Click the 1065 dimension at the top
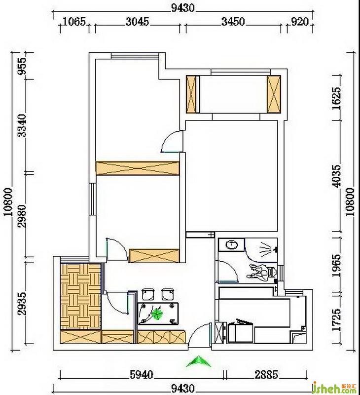tap(74, 22)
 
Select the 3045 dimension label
tap(138, 22)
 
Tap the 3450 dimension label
tap(233, 22)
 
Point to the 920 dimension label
tap(300, 22)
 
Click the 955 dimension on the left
tap(22, 66)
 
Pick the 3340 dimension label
tap(22, 125)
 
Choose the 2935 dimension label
tap(22, 304)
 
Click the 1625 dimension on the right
tap(337, 98)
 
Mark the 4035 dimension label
tap(337, 176)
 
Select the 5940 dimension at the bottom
tap(142, 375)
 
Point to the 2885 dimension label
tap(267, 375)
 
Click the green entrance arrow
tap(199, 361)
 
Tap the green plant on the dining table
tap(157, 314)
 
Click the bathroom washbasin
tap(232, 244)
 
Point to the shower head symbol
tap(267, 250)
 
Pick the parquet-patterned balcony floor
tap(80, 296)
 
